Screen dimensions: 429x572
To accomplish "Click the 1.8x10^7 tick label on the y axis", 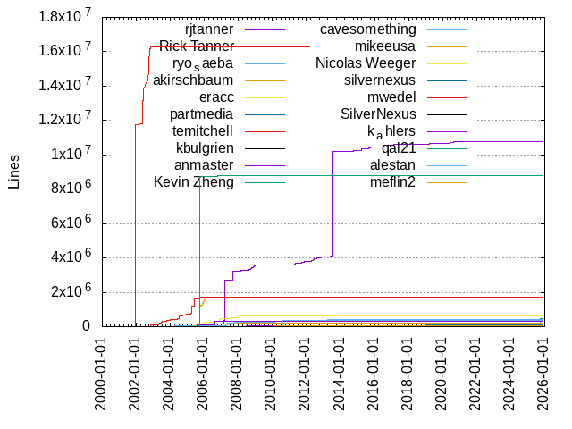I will (63, 16).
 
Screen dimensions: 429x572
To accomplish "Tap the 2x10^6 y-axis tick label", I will (66, 292).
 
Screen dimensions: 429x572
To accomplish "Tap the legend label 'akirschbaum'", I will (193, 80).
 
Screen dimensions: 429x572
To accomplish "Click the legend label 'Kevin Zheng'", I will (194, 182).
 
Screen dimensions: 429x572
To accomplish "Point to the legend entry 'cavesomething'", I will (367, 29).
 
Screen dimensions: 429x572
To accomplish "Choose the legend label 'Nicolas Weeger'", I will (366, 63).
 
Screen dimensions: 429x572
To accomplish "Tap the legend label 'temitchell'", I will (203, 131).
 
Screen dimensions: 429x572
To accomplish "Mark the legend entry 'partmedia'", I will (202, 114).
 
